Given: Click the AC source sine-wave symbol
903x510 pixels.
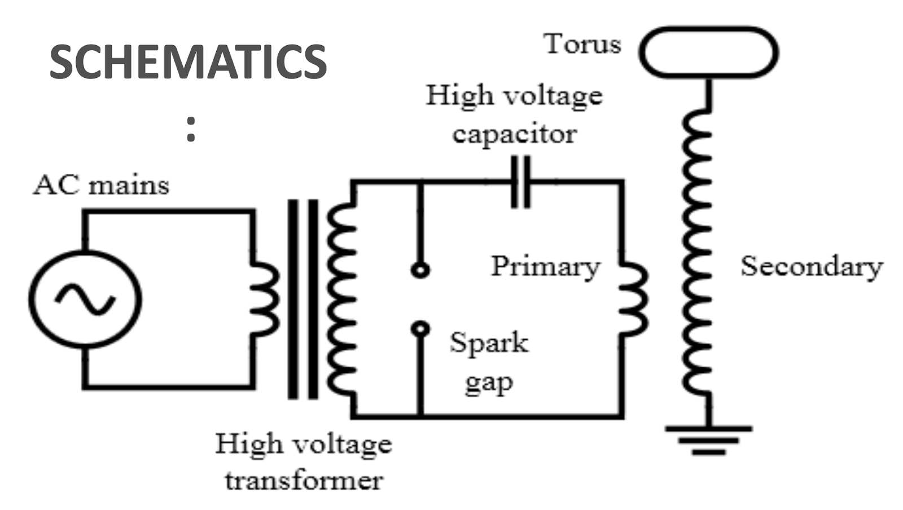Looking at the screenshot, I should [86, 299].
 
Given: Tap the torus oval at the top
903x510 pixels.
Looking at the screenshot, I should [709, 52].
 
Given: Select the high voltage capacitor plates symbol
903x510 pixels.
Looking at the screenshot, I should [520, 182].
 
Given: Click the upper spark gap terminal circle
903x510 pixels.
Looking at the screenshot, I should [420, 270].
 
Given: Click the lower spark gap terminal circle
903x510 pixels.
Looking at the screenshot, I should [420, 328].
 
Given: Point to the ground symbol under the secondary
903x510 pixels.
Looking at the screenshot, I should [709, 439].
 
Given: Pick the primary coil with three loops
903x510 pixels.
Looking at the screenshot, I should [633, 299].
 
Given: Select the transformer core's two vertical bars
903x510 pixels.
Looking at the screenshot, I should [303, 299].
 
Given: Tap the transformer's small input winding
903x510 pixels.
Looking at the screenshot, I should [264, 299].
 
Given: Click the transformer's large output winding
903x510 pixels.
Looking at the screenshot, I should [342, 299].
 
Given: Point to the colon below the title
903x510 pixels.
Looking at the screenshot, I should [191, 129].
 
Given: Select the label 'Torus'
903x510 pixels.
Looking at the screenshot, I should [582, 44].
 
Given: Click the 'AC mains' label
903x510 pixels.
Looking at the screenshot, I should [101, 185].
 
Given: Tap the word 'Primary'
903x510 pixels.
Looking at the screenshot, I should [545, 266].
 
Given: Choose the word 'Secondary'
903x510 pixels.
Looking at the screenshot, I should [812, 266].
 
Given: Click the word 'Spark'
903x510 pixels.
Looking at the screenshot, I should [489, 342].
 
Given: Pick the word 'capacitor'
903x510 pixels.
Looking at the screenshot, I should [514, 134].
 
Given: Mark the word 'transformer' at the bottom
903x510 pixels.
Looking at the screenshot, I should [304, 481].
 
